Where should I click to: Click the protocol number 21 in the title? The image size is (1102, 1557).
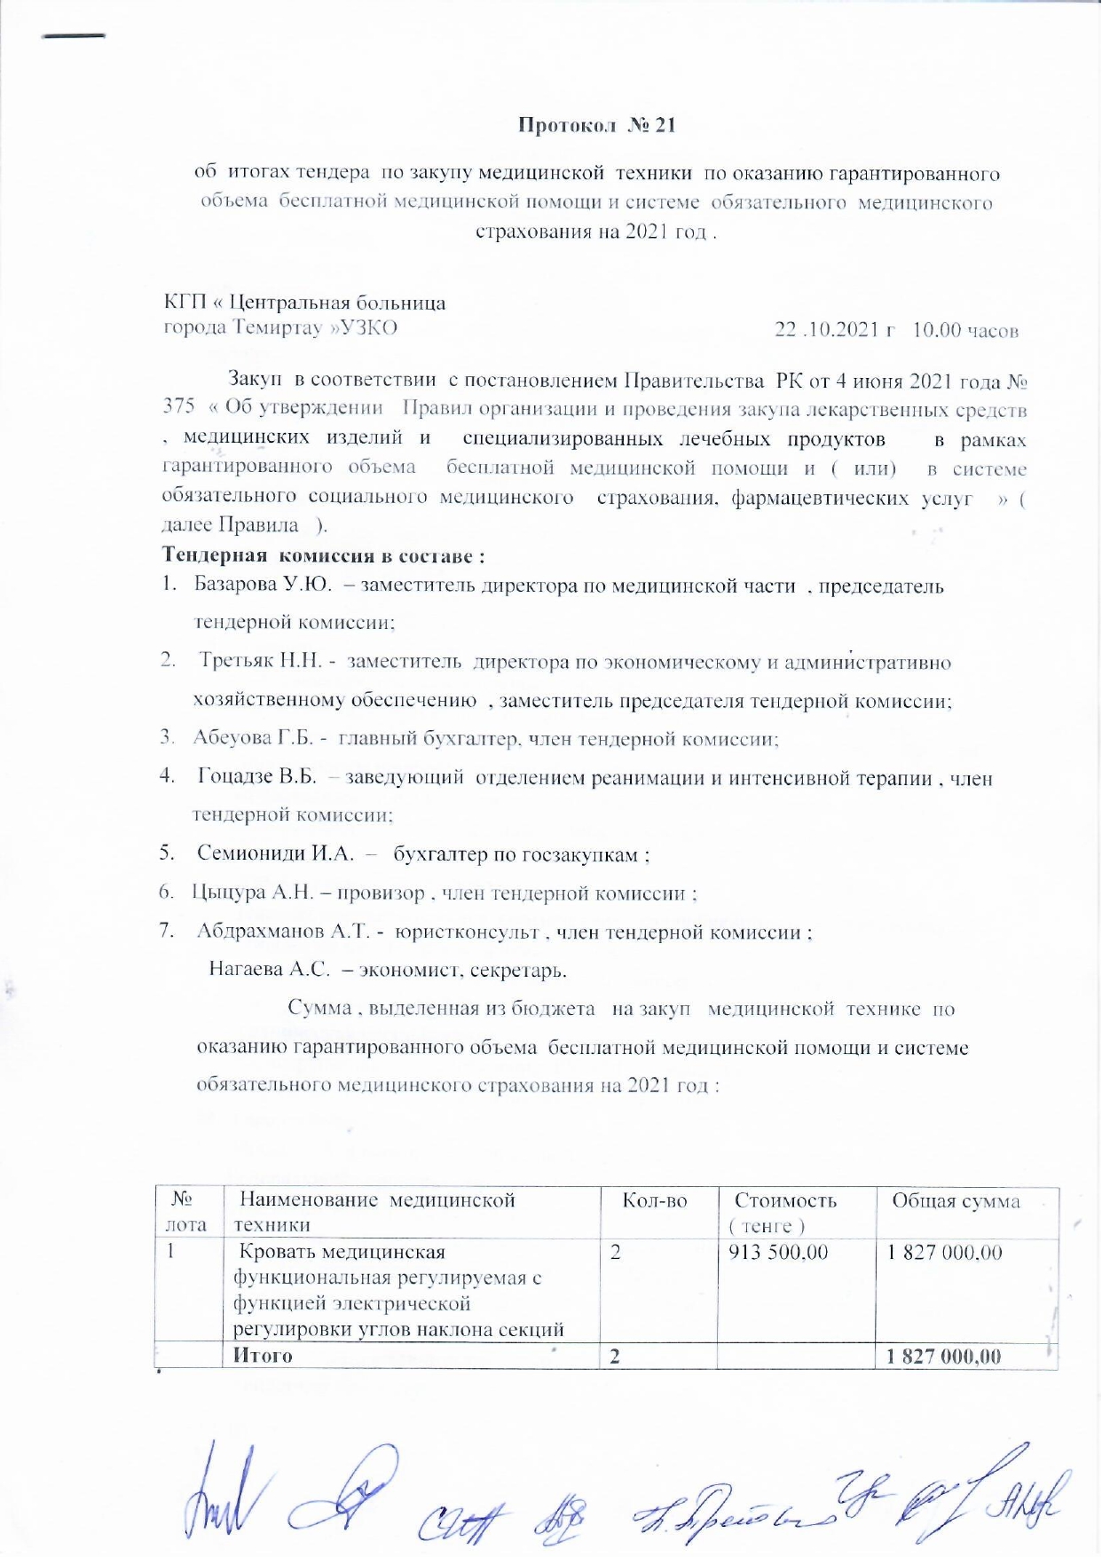click(665, 125)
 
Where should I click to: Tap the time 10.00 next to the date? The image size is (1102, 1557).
click(936, 330)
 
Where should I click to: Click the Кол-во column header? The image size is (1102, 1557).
click(655, 1201)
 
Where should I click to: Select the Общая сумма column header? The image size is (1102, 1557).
click(956, 1201)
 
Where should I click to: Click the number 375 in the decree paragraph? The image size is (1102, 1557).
click(178, 405)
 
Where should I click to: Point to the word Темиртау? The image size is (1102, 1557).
click(277, 327)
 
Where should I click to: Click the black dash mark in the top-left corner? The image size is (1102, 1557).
click(74, 36)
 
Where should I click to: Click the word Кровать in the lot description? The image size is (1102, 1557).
click(277, 1253)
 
